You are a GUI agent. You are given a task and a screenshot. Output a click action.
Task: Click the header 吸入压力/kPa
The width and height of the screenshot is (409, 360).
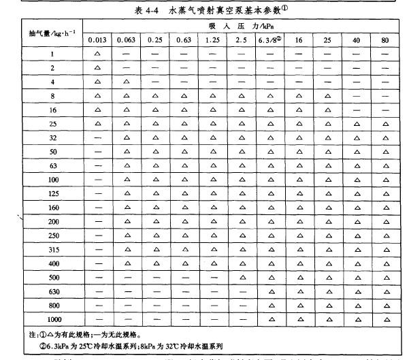(241, 26)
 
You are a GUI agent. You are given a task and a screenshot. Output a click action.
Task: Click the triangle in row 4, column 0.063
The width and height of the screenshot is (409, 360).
(126, 82)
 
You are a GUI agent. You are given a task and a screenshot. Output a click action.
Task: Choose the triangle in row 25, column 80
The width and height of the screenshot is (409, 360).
(385, 124)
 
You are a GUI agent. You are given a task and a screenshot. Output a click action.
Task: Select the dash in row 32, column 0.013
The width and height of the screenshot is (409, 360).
(97, 137)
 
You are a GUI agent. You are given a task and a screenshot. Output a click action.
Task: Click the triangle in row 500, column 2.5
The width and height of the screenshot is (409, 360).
(242, 278)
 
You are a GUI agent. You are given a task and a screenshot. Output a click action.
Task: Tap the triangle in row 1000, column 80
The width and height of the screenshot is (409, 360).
(385, 319)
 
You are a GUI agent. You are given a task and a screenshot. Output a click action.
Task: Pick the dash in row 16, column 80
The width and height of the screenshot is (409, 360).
(385, 110)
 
